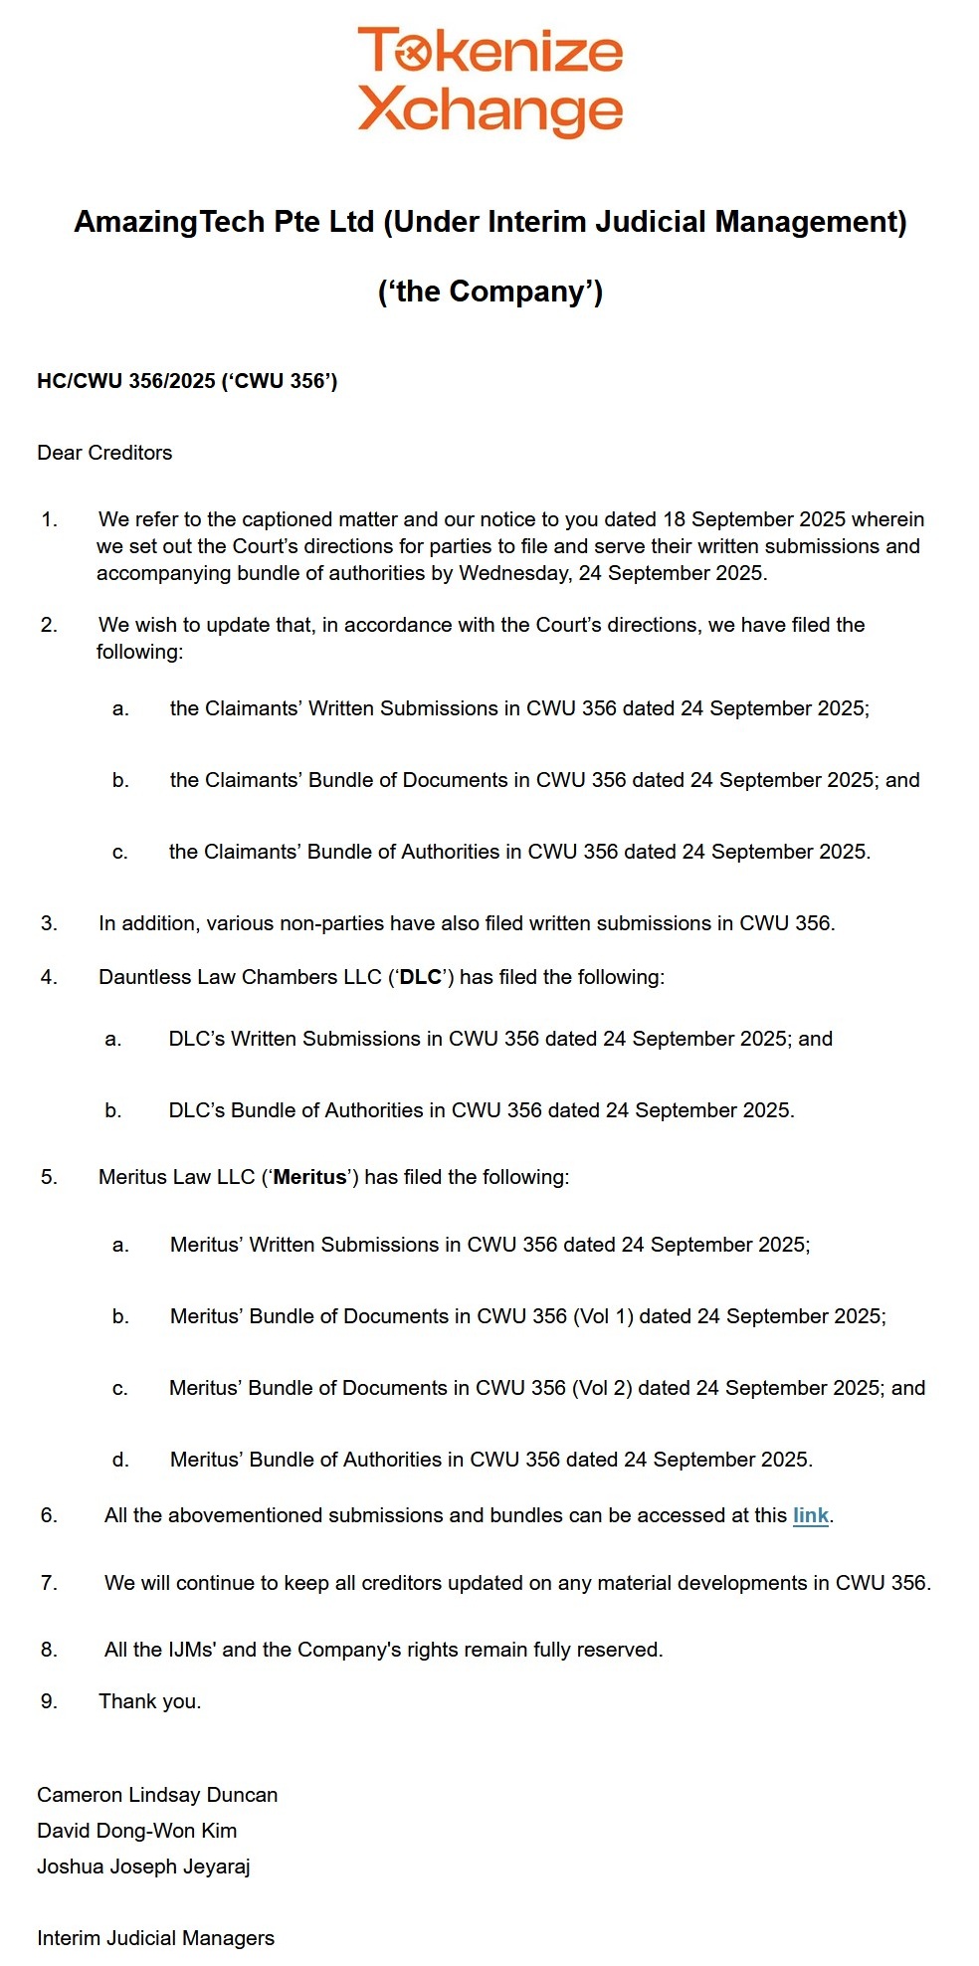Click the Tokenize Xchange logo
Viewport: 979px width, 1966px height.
point(489,82)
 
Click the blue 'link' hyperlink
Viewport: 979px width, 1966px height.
point(810,1515)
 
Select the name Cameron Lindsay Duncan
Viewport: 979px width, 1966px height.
point(157,1795)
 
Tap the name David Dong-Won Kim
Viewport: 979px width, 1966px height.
point(136,1831)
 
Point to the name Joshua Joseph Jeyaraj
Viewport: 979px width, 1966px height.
point(143,1867)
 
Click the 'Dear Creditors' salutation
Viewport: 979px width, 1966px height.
point(104,453)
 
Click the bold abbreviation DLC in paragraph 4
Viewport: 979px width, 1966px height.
point(420,977)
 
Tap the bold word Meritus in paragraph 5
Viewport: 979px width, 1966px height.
point(309,1177)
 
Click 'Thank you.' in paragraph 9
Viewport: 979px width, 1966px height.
point(149,1701)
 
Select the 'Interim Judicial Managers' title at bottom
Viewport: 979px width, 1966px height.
point(155,1938)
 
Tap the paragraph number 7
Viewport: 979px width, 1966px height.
point(49,1583)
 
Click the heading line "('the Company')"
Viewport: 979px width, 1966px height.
point(489,292)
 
